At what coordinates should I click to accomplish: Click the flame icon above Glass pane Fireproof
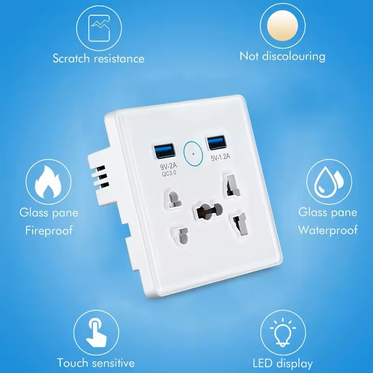pyautogui.click(x=48, y=182)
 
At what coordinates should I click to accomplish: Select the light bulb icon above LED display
pyautogui.click(x=283, y=332)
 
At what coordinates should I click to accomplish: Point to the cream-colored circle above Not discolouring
pyautogui.click(x=283, y=26)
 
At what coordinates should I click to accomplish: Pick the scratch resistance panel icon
pyautogui.click(x=99, y=28)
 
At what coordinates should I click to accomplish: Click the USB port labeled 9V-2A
pyautogui.click(x=165, y=151)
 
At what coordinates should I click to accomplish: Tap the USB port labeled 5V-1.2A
pyautogui.click(x=216, y=143)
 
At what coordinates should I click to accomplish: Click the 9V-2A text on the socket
pyautogui.click(x=169, y=166)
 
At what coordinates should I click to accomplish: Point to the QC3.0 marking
pyautogui.click(x=169, y=173)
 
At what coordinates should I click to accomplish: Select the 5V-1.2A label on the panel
pyautogui.click(x=221, y=157)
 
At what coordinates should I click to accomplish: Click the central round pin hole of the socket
pyautogui.click(x=208, y=210)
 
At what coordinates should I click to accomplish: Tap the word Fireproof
pyautogui.click(x=49, y=231)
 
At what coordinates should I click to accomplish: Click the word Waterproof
pyautogui.click(x=328, y=230)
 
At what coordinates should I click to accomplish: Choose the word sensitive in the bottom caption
pyautogui.click(x=113, y=363)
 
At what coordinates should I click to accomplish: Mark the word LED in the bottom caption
pyautogui.click(x=262, y=364)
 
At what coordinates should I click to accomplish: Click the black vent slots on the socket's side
pyautogui.click(x=102, y=176)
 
